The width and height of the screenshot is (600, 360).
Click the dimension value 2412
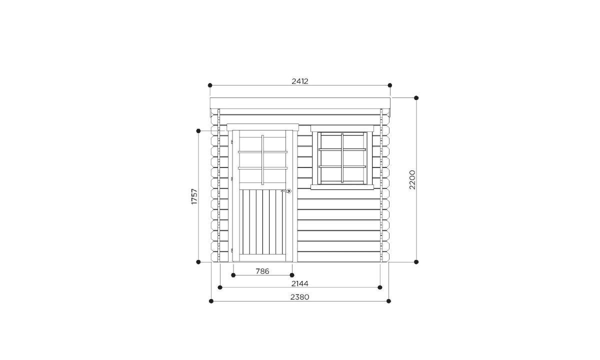click(x=300, y=81)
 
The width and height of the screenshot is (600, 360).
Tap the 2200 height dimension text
click(x=412, y=179)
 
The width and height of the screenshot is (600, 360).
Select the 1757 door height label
click(x=194, y=196)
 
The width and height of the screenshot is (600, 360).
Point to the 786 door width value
click(x=262, y=271)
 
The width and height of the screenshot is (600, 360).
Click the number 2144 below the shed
click(x=300, y=283)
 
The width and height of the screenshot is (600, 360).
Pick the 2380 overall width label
click(x=299, y=297)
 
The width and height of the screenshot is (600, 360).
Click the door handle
click(x=287, y=191)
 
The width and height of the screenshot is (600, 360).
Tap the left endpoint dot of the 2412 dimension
click(x=210, y=85)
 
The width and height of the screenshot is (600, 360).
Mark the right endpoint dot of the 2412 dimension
click(x=390, y=85)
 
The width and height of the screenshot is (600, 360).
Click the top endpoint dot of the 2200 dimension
click(x=416, y=98)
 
